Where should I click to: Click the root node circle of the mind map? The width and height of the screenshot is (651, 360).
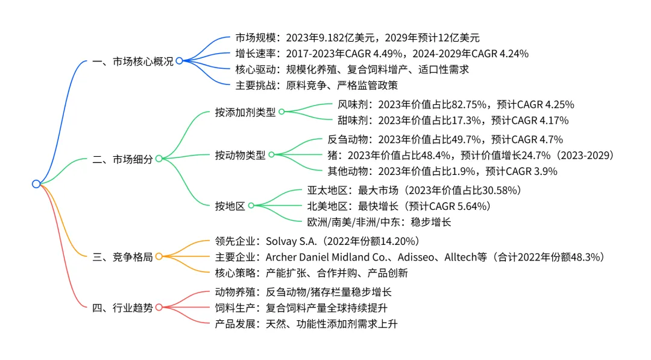pos(36,184)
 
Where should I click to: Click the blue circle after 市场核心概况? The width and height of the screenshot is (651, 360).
pos(179,61)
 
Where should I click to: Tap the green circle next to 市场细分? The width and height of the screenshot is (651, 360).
pos(159,159)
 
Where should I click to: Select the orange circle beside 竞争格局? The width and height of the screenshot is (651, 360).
pos(159,256)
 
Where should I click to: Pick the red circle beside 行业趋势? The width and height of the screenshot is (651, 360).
pos(159,307)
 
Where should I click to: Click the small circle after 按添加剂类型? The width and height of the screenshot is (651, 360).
pos(281,112)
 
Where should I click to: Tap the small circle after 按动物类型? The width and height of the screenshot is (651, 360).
pos(271,154)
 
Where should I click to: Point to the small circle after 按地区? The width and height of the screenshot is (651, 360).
pos(251,206)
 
